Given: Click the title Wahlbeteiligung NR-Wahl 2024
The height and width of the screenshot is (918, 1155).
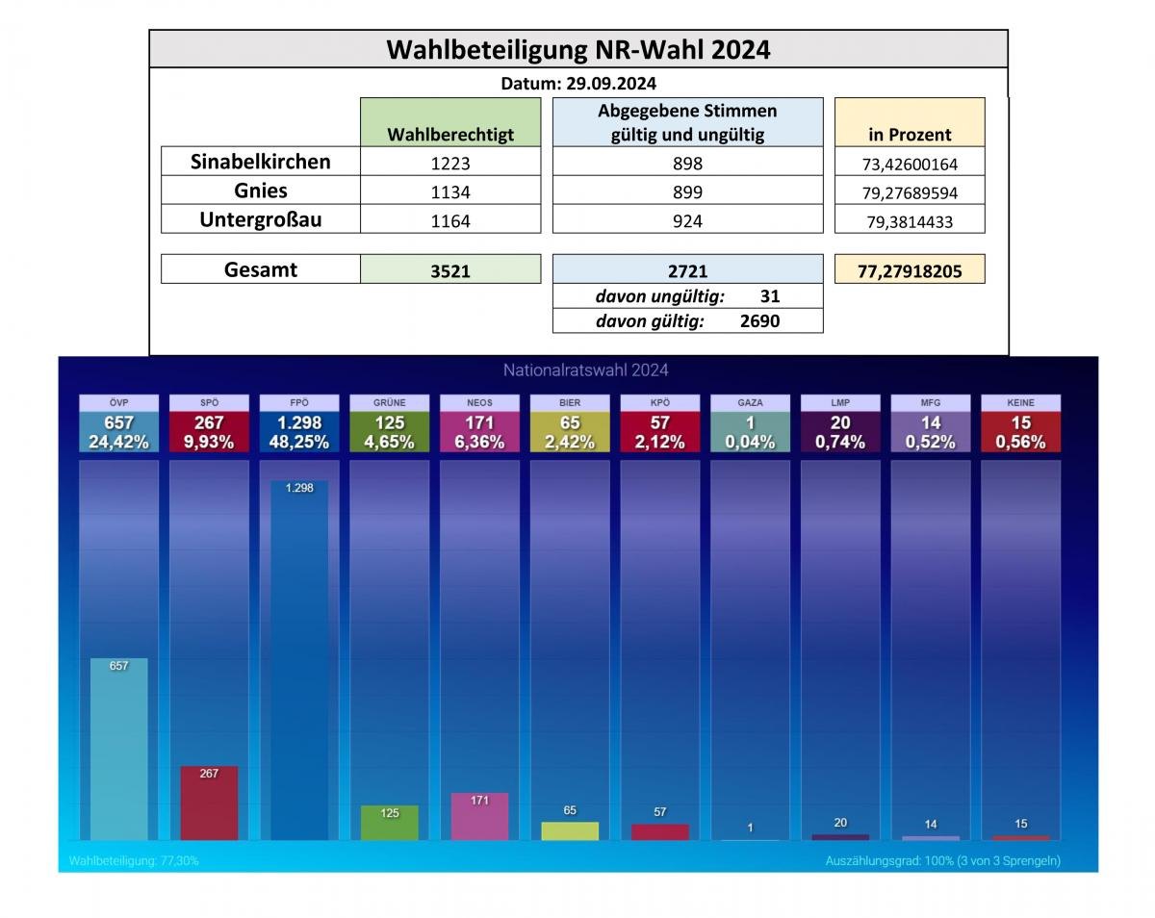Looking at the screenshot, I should [578, 49].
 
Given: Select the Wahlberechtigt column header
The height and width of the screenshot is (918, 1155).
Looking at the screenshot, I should [450, 135].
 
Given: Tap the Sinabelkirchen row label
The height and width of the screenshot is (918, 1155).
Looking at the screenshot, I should [260, 162].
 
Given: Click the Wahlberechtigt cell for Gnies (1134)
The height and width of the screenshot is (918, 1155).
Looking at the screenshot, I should [450, 191].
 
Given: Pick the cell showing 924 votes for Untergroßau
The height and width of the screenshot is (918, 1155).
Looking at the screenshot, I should [687, 220].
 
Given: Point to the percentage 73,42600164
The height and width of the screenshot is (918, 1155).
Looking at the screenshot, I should [909, 164].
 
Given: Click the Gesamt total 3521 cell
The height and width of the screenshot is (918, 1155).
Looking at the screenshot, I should [450, 270].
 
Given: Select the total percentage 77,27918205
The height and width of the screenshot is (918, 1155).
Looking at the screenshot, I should [909, 270].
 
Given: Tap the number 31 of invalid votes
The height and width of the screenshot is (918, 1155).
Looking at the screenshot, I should [769, 297].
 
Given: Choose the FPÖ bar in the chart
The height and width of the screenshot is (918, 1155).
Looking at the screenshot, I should [299, 660].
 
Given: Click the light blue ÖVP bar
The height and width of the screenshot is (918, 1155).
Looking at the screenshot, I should [119, 749].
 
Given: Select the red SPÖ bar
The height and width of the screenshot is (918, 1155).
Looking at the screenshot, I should [209, 803].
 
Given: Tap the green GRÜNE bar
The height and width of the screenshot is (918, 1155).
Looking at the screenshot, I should [390, 823].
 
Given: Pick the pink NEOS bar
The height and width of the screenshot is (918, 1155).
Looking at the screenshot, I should [479, 816].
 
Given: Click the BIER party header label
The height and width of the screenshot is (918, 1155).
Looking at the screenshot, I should [570, 402].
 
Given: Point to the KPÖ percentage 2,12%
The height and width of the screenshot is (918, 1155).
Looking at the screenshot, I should [659, 442].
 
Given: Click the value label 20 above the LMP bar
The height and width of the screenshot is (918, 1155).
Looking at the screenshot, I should [840, 823].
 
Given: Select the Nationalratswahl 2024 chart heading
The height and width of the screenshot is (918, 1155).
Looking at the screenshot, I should [585, 370].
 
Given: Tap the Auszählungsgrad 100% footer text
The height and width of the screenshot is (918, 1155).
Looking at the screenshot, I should [942, 860].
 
